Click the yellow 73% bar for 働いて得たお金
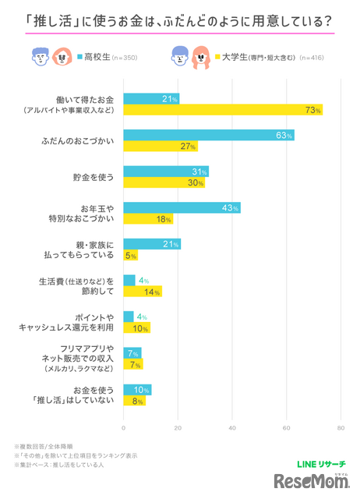tap(223, 110)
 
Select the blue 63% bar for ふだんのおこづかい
tap(209, 135)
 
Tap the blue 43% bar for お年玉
tap(182, 207)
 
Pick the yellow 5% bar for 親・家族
tap(130, 255)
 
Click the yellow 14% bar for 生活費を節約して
tap(143, 292)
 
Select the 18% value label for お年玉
tap(164, 219)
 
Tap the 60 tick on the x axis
tap(287, 428)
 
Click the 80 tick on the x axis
tap(341, 428)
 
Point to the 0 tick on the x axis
tap(124, 428)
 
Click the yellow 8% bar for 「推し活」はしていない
tap(134, 401)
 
